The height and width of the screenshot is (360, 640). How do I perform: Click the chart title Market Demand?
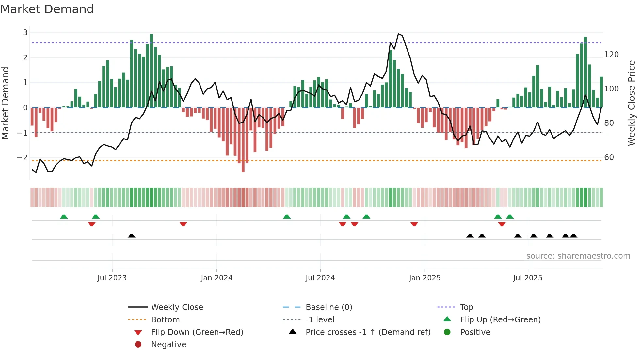pyautogui.click(x=47, y=9)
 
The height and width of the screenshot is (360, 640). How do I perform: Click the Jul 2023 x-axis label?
pyautogui.click(x=112, y=278)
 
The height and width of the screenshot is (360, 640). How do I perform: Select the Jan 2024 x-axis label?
pyautogui.click(x=216, y=278)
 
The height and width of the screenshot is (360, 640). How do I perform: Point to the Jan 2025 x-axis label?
pyautogui.click(x=424, y=278)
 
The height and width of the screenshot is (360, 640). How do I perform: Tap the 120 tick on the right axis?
pyautogui.click(x=611, y=55)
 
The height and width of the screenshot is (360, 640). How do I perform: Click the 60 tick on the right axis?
pyautogui.click(x=609, y=157)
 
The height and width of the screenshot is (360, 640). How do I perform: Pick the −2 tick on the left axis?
pyautogui.click(x=22, y=158)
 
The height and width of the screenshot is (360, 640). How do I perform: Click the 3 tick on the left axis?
pyautogui.click(x=25, y=33)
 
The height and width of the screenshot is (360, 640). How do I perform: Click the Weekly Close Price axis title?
pyautogui.click(x=632, y=103)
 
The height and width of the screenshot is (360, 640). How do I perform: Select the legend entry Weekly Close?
pyautogui.click(x=177, y=307)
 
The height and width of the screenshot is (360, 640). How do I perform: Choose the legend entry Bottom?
pyautogui.click(x=165, y=320)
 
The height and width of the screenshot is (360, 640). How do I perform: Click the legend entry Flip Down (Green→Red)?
pyautogui.click(x=197, y=332)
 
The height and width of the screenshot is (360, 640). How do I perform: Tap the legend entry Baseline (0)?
pyautogui.click(x=328, y=307)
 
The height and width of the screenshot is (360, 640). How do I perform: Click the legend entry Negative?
pyautogui.click(x=168, y=345)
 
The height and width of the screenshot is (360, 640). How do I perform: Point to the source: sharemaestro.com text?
pyautogui.click(x=578, y=256)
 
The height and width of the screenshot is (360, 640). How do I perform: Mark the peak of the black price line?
pyautogui.click(x=398, y=34)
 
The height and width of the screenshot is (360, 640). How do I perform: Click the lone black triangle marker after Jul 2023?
pyautogui.click(x=132, y=236)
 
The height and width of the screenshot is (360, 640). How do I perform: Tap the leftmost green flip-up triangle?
pyautogui.click(x=64, y=217)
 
